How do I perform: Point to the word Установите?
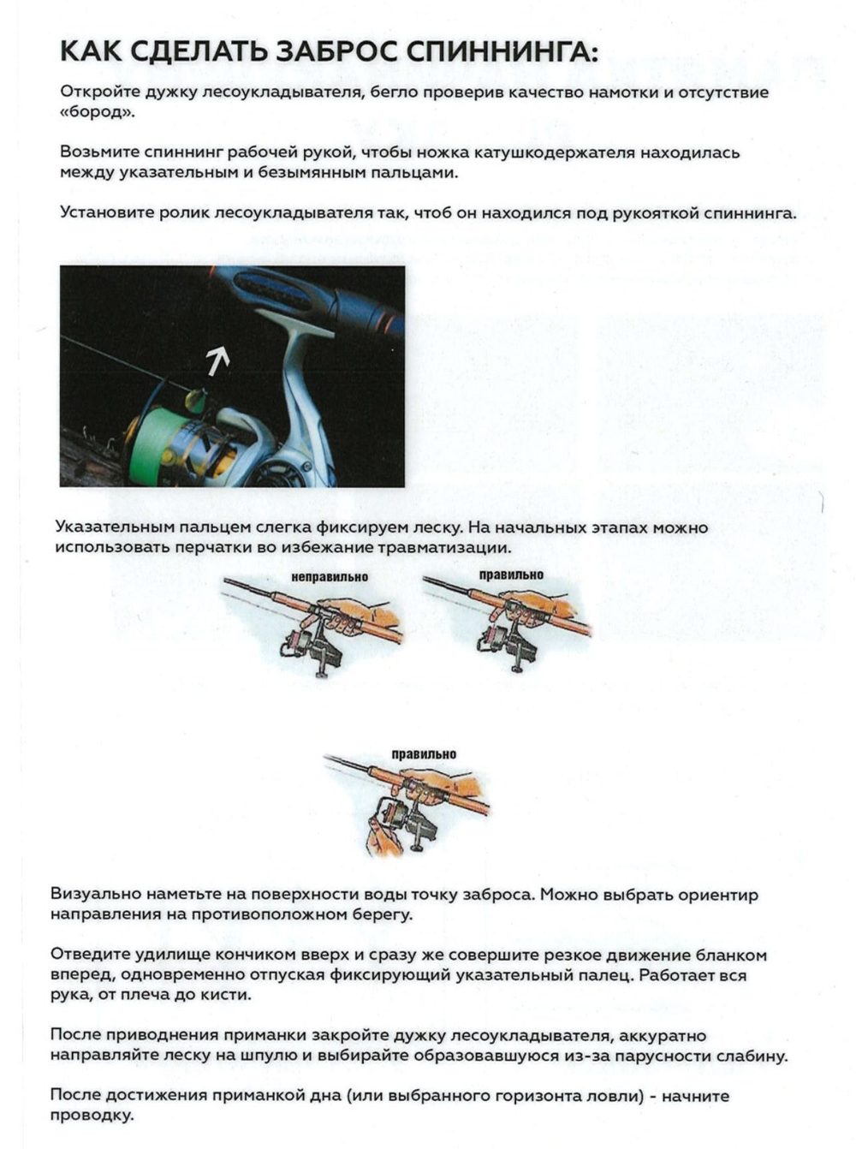click(107, 213)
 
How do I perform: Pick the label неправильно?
click(330, 577)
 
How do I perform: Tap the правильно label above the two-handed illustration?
click(424, 754)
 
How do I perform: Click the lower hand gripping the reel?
click(381, 835)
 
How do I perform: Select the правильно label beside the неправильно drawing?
click(511, 575)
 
